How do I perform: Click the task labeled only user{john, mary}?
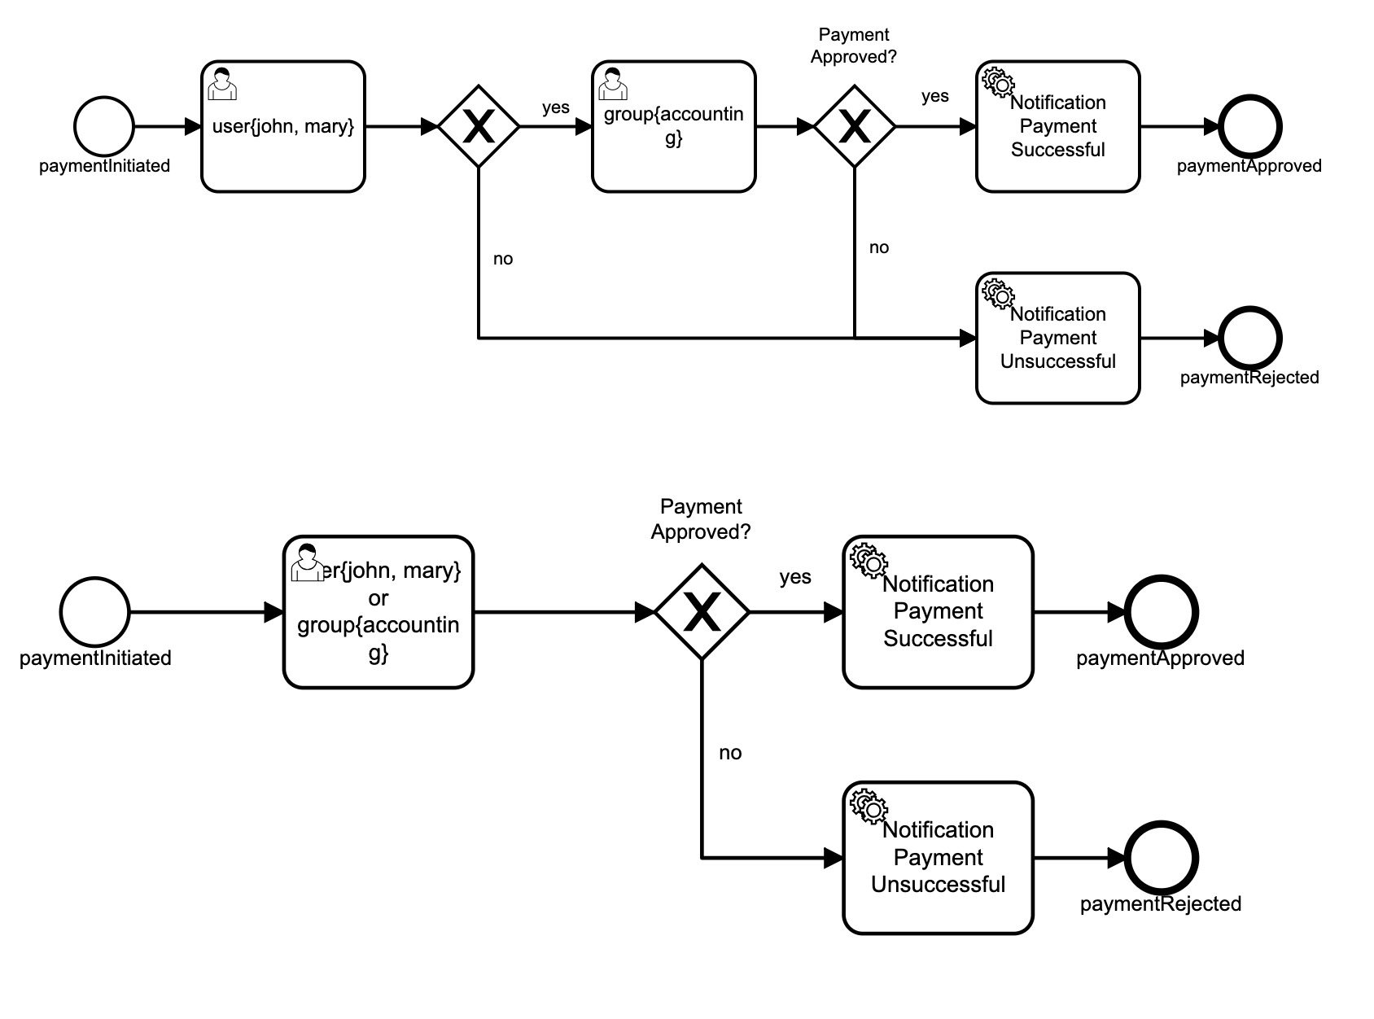tap(283, 126)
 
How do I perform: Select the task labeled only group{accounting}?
tap(673, 126)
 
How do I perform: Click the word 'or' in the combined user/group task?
tap(378, 597)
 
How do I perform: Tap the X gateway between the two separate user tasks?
tap(479, 126)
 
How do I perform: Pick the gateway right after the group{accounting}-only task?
tap(854, 126)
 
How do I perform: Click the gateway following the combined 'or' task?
tap(702, 612)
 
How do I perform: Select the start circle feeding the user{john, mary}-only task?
tap(104, 126)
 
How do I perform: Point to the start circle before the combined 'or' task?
tap(94, 612)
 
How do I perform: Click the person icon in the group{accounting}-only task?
tap(613, 84)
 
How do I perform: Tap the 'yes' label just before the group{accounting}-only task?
tap(555, 107)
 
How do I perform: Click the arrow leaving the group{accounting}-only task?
tap(785, 126)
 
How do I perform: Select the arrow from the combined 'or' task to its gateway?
tap(564, 612)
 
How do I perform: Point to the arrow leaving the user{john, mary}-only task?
tap(401, 126)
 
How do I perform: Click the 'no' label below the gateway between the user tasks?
tap(503, 258)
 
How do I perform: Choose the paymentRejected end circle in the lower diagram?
tap(1161, 858)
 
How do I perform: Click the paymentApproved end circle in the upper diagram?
tap(1250, 126)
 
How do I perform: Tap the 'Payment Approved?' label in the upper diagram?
tap(854, 46)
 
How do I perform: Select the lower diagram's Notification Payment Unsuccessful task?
tap(938, 858)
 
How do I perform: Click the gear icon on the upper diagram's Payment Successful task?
tap(998, 82)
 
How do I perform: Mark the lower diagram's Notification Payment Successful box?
tap(938, 612)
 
